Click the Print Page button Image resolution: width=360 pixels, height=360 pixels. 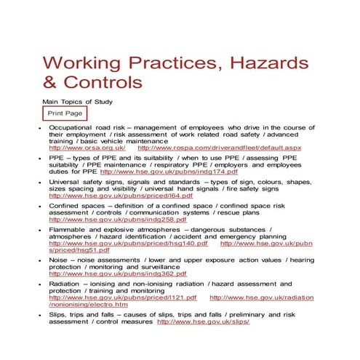[x=65, y=114]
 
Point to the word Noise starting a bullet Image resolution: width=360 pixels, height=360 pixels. [x=59, y=259]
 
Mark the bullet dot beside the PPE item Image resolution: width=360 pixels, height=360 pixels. [x=40, y=157]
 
